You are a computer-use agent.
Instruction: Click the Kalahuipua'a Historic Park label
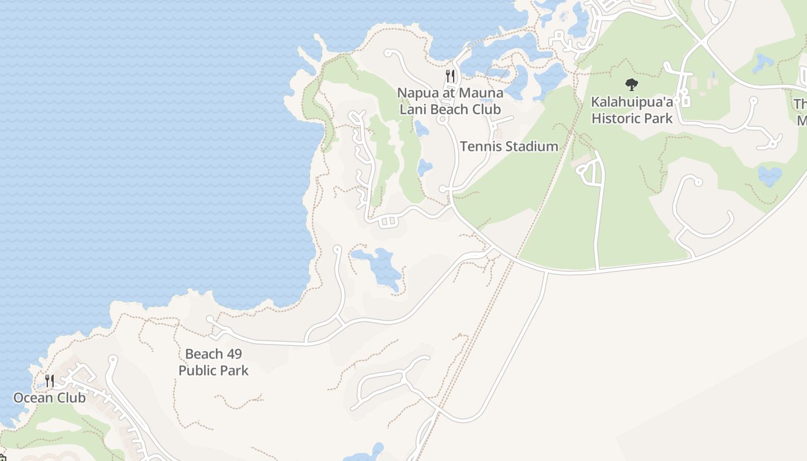[632, 110]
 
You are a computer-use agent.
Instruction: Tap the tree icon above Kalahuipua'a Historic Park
[632, 85]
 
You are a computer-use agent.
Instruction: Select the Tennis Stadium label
[509, 146]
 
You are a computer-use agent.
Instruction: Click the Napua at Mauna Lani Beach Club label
[450, 101]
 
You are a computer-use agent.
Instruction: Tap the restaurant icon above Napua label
[450, 75]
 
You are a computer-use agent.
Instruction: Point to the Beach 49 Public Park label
[213, 362]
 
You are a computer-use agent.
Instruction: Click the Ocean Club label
[50, 398]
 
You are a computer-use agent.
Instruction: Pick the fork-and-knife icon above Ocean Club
[50, 380]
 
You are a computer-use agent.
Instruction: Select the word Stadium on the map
[531, 146]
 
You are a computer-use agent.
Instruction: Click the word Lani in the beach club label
[412, 109]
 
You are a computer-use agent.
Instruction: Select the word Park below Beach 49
[235, 371]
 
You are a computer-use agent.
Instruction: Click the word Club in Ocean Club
[71, 398]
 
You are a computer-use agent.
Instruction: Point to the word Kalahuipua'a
[632, 102]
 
